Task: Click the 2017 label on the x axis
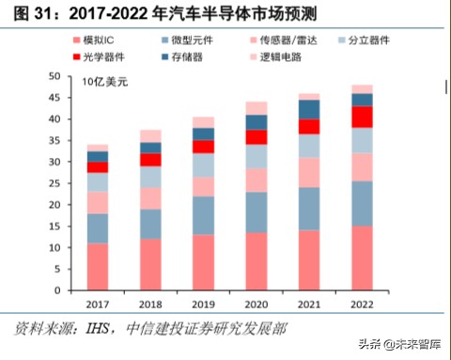click(98, 305)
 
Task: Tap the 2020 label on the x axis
click(257, 305)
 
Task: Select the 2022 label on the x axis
click(362, 305)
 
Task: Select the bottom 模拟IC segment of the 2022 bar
click(362, 258)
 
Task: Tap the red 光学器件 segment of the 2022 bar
click(362, 117)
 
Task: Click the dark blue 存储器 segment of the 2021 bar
click(309, 109)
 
